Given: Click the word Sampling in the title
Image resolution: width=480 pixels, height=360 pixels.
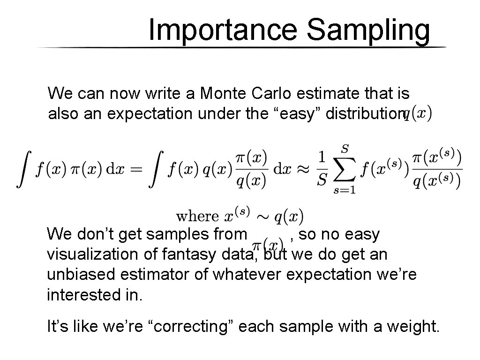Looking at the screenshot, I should pos(368,31).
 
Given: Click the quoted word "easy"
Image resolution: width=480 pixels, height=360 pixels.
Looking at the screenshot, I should pos(294,114).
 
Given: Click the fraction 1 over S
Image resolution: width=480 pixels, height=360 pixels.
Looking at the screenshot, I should pos(321,170).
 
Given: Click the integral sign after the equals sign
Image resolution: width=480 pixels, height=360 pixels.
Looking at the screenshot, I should pos(159,170).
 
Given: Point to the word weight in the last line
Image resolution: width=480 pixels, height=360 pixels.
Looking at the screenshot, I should pos(413,326).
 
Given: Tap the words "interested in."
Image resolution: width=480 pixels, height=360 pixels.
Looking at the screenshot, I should pos(94,295).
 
